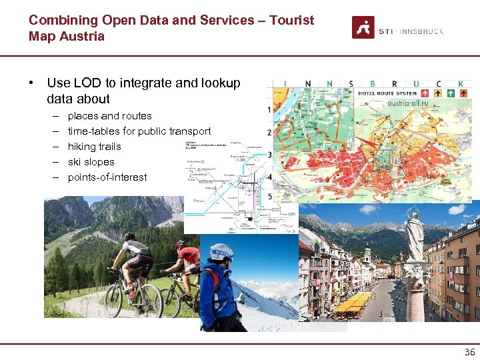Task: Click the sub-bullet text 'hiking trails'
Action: click(95, 146)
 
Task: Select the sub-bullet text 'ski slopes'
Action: click(91, 161)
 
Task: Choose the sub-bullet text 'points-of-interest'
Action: click(107, 177)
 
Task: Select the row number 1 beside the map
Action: click(269, 109)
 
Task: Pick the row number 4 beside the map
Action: click(269, 177)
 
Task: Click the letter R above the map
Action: click(394, 84)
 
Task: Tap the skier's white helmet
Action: click(221, 251)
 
